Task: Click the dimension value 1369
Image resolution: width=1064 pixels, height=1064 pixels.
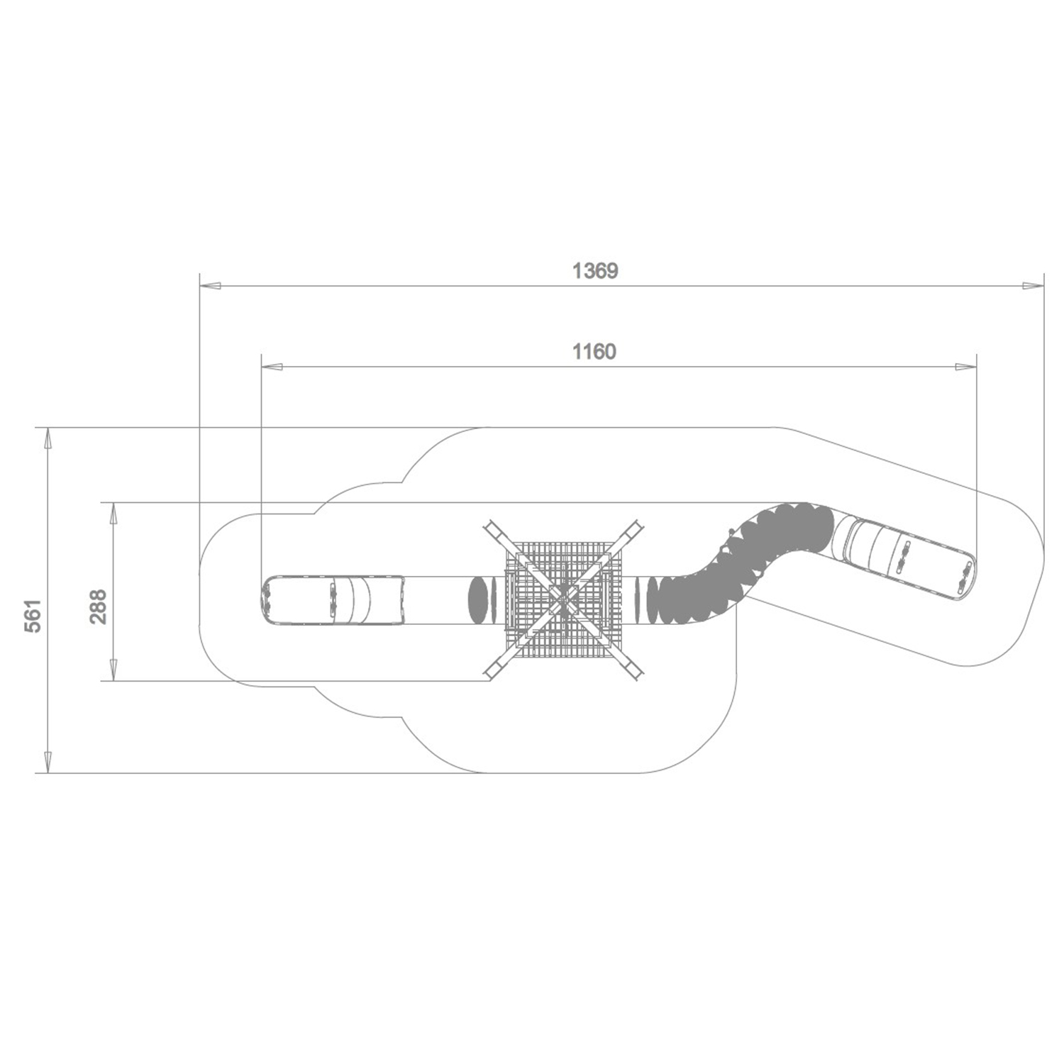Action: pos(595,271)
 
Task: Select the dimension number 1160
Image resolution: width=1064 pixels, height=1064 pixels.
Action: pos(594,352)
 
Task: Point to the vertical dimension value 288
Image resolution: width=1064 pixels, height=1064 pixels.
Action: pos(98,606)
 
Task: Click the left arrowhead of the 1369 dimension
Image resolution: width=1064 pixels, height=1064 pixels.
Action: pos(211,286)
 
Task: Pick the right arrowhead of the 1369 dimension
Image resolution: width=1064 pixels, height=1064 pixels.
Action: pos(1033,286)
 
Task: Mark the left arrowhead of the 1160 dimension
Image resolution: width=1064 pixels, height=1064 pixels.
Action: pos(272,367)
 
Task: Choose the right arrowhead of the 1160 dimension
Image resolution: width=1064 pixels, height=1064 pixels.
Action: pos(966,367)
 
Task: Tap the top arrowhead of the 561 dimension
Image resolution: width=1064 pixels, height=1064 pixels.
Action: pos(48,438)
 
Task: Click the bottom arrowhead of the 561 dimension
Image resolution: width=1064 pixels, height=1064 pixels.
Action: pos(48,762)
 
